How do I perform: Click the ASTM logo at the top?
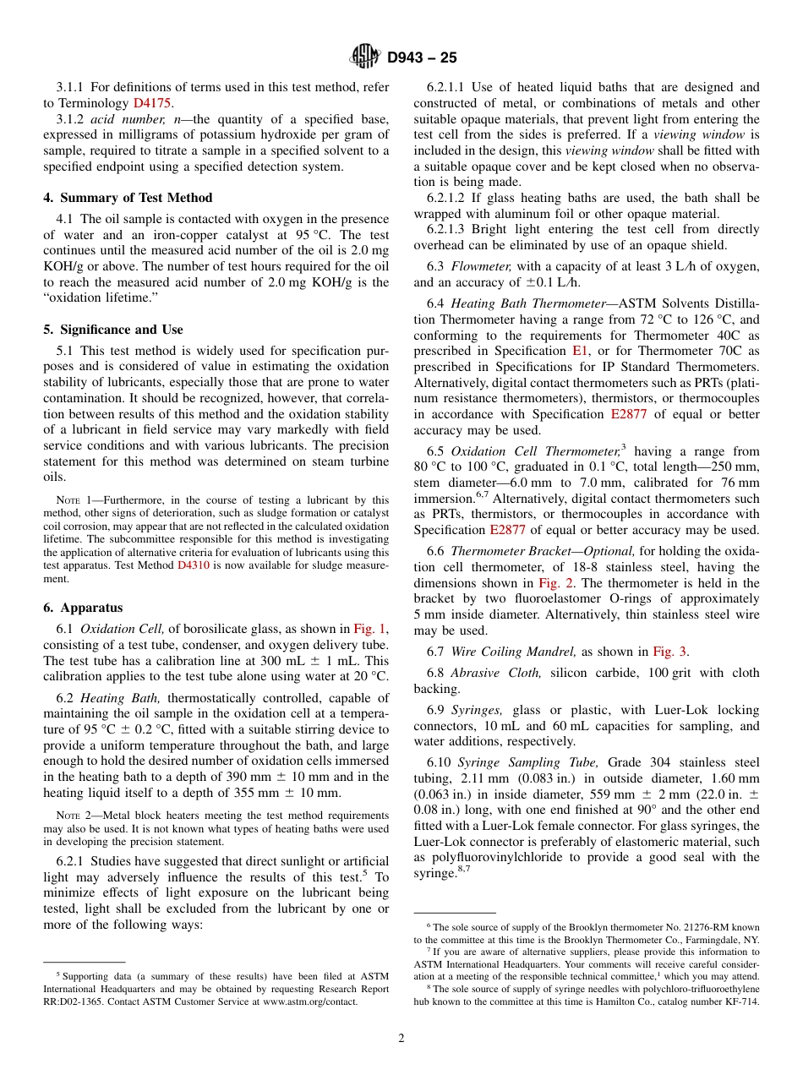(365, 57)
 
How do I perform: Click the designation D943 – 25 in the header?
(422, 57)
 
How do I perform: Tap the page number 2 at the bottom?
(401, 1038)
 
